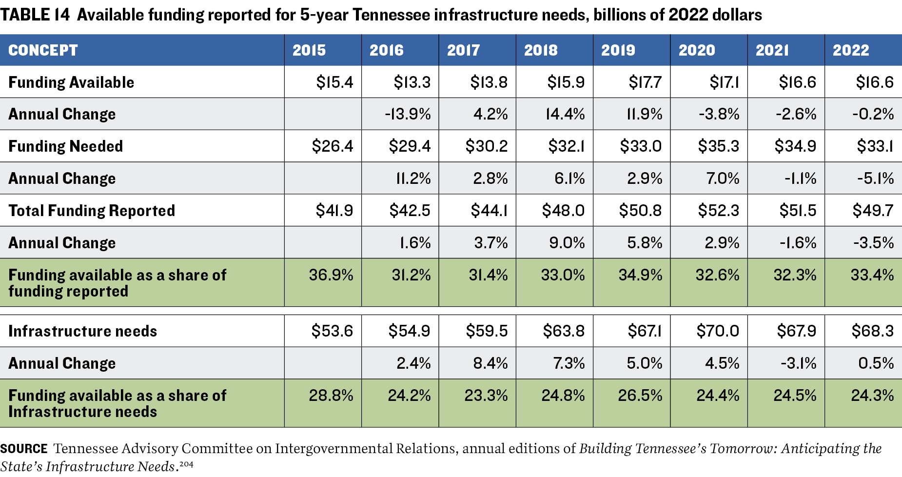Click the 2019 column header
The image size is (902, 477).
pos(618,50)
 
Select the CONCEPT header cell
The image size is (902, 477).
pos(43,50)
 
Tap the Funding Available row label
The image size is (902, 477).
pos(71,82)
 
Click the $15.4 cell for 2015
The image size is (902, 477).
pos(334,82)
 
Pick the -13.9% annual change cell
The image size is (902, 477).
pos(408,114)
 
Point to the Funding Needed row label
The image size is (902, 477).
pos(66,146)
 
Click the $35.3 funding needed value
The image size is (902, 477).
pos(718,146)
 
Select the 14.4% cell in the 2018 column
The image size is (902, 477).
pos(565,114)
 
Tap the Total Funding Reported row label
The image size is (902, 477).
pos(92,211)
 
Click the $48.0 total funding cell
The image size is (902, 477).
pos(563,211)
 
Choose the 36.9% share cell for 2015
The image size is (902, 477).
pos(331,275)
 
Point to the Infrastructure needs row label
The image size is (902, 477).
pos(83,331)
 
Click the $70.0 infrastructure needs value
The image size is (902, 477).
pos(718,331)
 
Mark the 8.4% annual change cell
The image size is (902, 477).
pos(490,363)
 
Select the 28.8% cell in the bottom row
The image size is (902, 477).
pos(331,396)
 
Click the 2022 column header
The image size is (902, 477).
pos(851,50)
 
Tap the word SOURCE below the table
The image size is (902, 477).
pos(24,449)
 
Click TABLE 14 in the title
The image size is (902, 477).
pos(35,15)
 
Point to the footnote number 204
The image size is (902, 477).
pos(186,464)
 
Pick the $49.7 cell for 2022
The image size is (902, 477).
pos(873,211)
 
